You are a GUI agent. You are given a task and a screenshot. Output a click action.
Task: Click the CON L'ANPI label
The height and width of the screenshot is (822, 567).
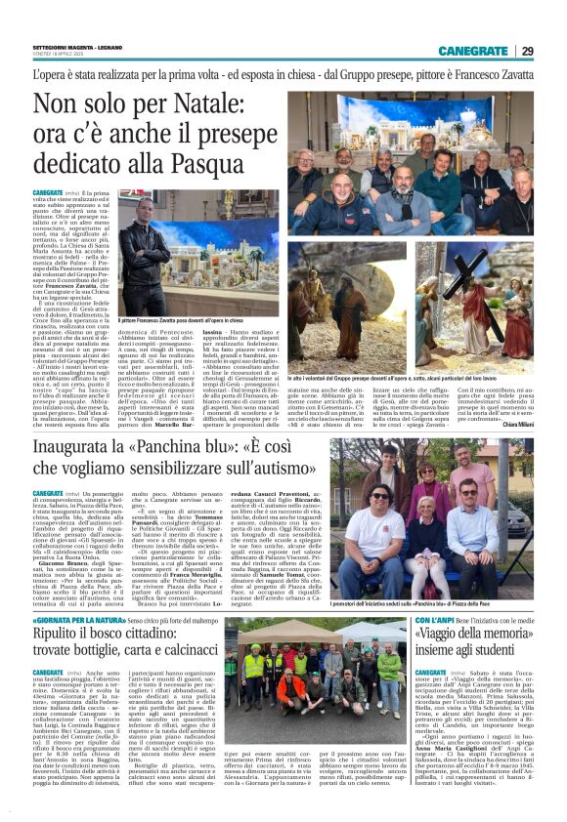click(x=436, y=619)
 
